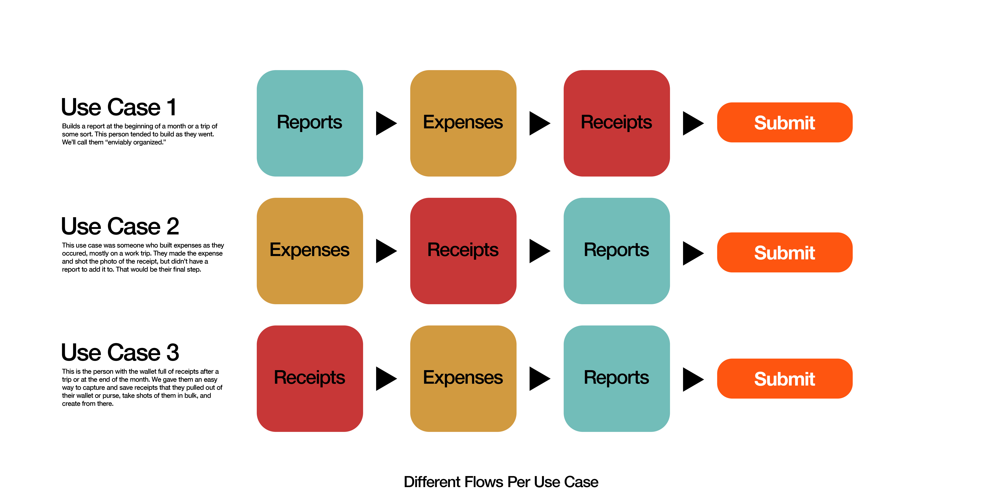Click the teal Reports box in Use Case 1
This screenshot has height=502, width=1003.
click(310, 123)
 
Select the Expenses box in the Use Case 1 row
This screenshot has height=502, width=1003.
click(463, 123)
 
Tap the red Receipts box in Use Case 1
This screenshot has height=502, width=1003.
click(616, 123)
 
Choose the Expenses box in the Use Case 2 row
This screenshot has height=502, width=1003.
click(310, 251)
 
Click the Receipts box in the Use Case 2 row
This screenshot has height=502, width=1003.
click(463, 251)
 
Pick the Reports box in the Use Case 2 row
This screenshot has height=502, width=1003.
click(616, 251)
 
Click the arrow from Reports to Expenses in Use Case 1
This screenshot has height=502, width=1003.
click(385, 123)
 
